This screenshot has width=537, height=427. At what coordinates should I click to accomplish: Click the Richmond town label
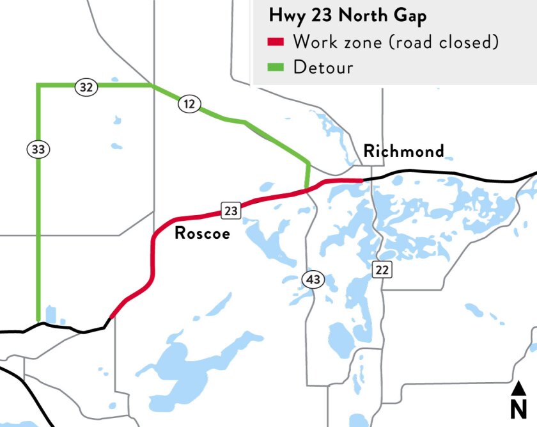(403, 151)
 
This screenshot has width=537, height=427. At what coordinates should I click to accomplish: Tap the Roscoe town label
(202, 233)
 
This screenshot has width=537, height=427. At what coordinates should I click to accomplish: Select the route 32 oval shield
(86, 88)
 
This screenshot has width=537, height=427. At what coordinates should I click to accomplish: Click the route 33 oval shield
(38, 149)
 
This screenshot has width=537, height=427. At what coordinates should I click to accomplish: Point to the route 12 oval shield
(190, 104)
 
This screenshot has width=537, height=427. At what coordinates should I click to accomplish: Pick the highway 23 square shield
(230, 209)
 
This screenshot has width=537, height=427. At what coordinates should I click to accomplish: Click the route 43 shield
(313, 279)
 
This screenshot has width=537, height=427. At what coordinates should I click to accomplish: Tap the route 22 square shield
(382, 270)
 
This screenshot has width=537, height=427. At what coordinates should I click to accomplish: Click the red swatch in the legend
(275, 42)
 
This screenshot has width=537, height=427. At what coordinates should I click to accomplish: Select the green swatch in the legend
(275, 67)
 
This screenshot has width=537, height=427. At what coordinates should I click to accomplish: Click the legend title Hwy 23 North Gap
(347, 16)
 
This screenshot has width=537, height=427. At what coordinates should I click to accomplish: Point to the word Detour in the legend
(323, 67)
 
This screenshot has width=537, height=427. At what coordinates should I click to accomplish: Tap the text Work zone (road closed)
(395, 42)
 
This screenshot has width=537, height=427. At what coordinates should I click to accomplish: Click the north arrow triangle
(518, 387)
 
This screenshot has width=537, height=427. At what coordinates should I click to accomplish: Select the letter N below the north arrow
(518, 408)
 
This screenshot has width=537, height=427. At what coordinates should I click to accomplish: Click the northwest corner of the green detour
(38, 85)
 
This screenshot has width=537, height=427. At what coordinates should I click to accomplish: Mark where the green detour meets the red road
(307, 189)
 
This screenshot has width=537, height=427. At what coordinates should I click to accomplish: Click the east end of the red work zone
(362, 181)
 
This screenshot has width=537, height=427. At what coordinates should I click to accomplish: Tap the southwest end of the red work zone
(112, 316)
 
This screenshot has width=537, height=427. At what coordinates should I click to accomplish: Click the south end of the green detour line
(38, 321)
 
